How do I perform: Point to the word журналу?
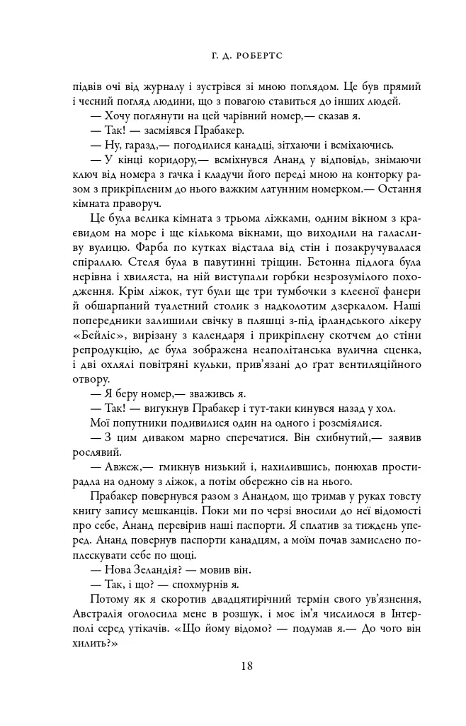pos(161,87)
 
